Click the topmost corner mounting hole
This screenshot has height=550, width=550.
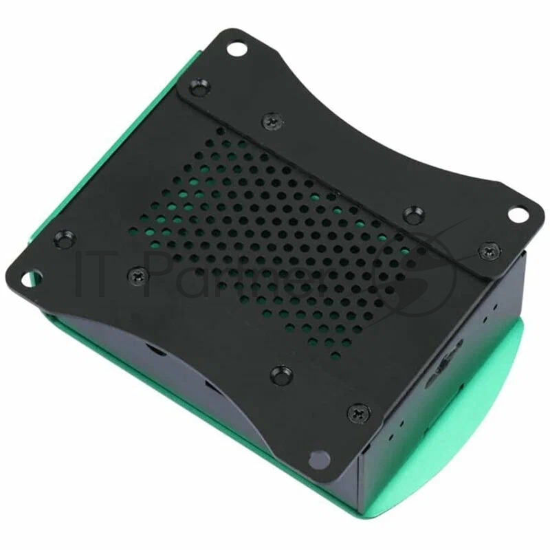point(236,49)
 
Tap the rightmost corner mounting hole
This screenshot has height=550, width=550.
point(517,214)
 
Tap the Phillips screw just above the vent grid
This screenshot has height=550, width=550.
point(269,122)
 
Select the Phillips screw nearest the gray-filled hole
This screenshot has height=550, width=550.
point(358,412)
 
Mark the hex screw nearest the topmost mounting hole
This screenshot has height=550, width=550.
point(196,87)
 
